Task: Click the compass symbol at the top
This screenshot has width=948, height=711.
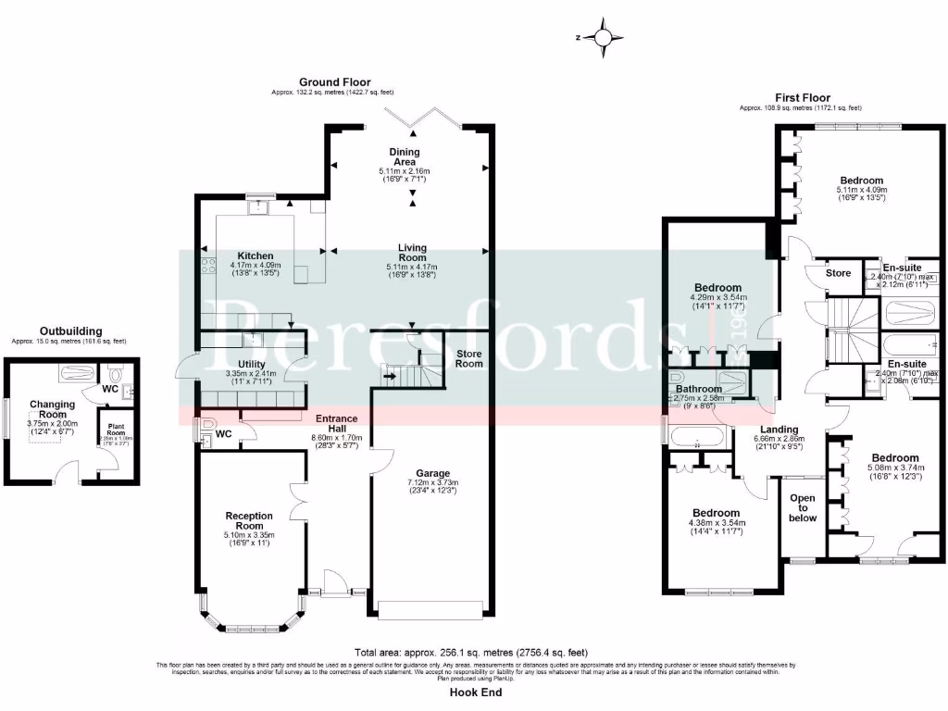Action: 604,38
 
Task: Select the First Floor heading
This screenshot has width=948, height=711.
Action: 803,97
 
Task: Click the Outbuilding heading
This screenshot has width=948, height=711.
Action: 70,331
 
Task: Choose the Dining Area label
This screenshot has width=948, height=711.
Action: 405,156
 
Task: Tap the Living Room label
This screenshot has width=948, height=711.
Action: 412,253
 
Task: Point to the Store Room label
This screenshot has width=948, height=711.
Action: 468,357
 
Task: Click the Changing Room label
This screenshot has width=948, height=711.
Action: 52,409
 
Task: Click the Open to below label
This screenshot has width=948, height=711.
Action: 802,507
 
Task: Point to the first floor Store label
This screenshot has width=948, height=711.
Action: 838,273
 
